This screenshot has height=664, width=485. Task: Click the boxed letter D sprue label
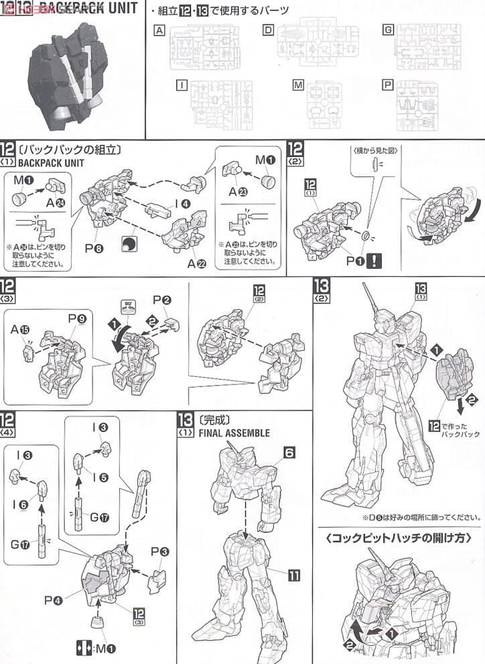(268, 31)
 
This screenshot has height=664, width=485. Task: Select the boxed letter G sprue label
(387, 31)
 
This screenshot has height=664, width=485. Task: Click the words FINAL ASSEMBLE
(228, 433)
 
